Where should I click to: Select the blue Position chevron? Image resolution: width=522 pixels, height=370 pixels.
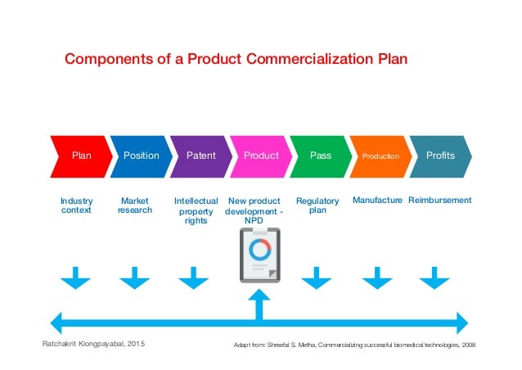point(141,156)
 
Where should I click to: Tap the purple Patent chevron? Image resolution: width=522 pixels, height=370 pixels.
point(200,156)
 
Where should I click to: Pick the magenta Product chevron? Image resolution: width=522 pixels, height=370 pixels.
point(261,156)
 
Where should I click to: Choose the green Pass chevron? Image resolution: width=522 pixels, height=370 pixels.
point(321,156)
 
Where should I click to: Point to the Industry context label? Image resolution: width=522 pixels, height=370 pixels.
point(76,205)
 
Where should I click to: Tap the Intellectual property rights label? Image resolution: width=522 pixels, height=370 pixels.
point(196,210)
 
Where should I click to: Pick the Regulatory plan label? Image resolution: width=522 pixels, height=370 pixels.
point(317,205)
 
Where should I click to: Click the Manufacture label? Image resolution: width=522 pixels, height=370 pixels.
point(377,201)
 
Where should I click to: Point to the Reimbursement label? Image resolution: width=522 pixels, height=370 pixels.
point(440,201)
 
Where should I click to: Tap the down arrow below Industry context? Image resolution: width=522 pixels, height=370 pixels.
point(76,278)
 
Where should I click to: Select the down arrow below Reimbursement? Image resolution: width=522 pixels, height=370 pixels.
point(434,278)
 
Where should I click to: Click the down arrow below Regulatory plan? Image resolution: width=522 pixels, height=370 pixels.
point(317,278)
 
